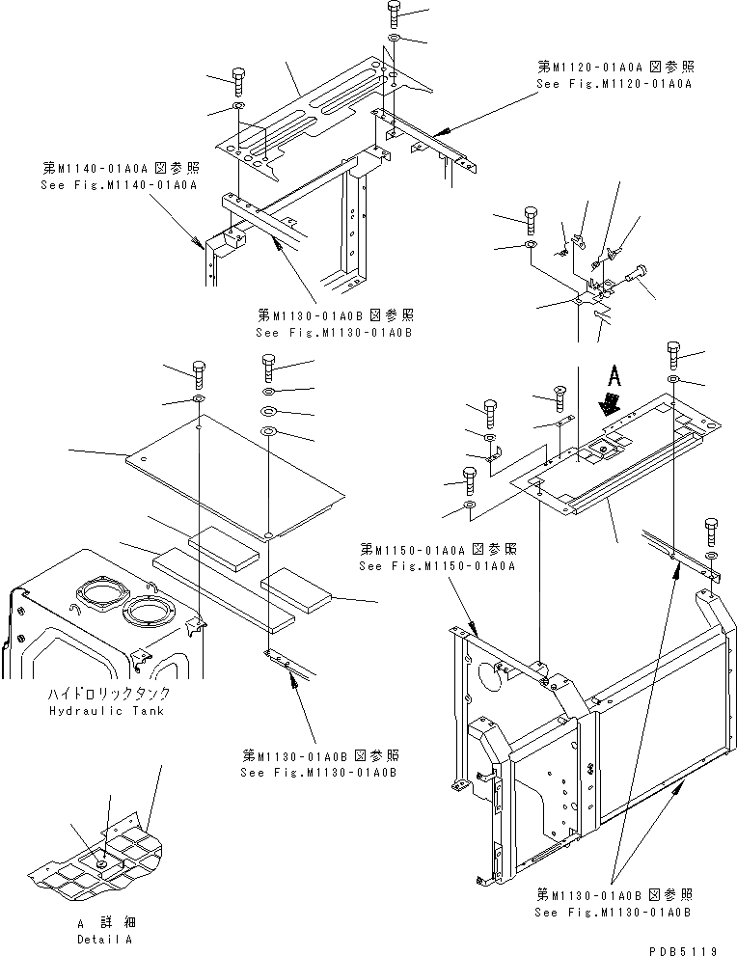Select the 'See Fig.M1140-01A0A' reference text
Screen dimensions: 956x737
point(118,183)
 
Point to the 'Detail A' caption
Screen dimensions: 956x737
point(106,938)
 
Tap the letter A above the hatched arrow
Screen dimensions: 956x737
point(612,374)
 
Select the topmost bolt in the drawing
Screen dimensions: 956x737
point(395,14)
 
